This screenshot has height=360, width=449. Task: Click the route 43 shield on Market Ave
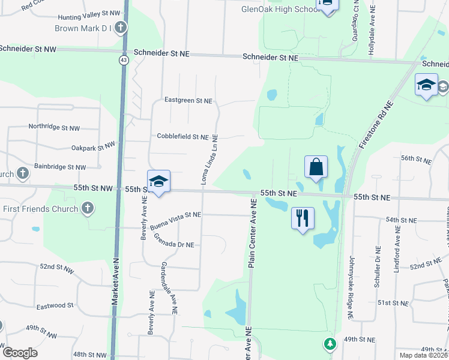click(x=123, y=60)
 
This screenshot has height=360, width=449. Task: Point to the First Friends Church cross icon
click(x=88, y=209)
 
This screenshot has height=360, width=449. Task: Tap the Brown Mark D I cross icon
click(x=121, y=28)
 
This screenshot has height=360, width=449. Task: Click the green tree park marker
click(x=329, y=344)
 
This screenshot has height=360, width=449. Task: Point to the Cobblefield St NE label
click(x=182, y=137)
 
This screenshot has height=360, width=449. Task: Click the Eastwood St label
click(x=55, y=305)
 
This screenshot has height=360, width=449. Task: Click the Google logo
click(x=20, y=353)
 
